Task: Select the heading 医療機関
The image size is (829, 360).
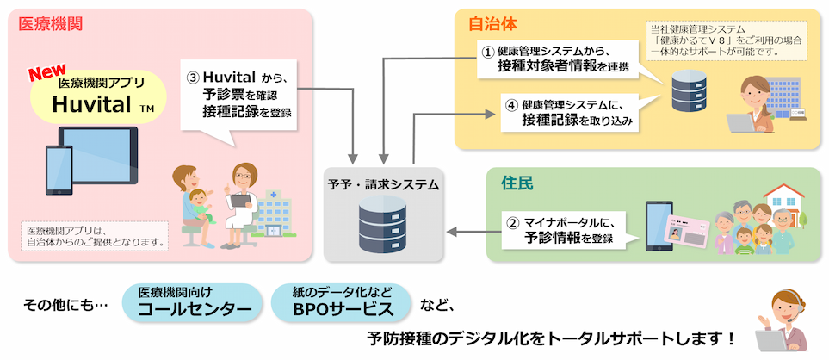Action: (51, 23)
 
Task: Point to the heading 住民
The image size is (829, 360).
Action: (517, 183)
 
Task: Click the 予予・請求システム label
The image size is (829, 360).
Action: (383, 184)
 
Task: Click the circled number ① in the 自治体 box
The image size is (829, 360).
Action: (486, 51)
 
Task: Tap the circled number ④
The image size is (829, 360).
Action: (510, 106)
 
